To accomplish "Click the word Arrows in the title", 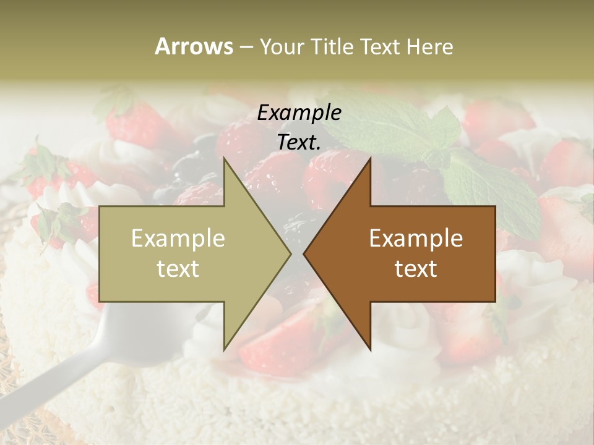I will pos(194,46).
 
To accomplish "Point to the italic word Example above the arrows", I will pos(299,113).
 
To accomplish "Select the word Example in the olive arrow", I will pos(178,239).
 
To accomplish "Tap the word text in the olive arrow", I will pos(178,269).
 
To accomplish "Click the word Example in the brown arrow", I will pos(416,239).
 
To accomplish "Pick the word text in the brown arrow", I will pos(416,269).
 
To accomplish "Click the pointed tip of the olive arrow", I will pos(291,254).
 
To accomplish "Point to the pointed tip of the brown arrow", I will pos(304,254).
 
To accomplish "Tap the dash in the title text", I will pos(246,47).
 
